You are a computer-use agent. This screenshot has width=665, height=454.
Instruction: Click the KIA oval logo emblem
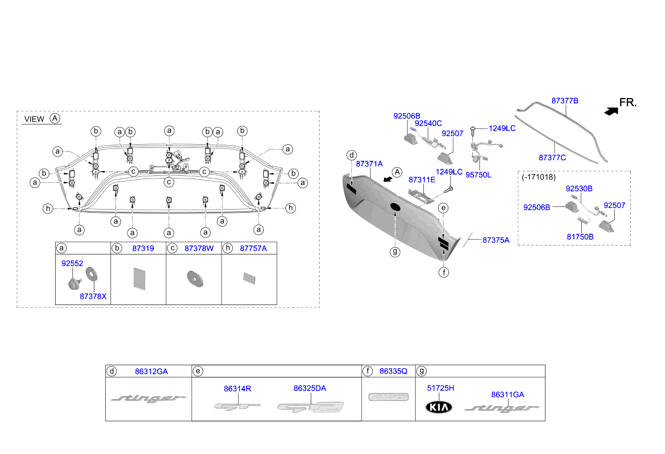[439, 407]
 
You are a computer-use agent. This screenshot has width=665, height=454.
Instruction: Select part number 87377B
[565, 101]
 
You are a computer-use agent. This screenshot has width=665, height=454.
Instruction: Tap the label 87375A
[496, 240]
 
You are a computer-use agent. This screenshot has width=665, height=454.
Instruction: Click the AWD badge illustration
[388, 397]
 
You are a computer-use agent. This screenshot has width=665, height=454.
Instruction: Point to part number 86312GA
[151, 371]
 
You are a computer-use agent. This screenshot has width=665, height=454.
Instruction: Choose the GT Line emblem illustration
[311, 407]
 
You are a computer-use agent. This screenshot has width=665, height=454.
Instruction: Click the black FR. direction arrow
[611, 111]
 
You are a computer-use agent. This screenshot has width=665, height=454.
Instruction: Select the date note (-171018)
[538, 177]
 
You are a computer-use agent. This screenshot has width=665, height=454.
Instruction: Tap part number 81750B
[580, 237]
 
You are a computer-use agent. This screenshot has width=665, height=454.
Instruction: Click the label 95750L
[478, 175]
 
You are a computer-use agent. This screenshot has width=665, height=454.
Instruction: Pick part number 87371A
[370, 164]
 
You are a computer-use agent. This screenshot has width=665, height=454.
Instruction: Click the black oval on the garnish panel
[395, 207]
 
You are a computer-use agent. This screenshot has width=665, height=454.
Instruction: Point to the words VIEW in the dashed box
[34, 119]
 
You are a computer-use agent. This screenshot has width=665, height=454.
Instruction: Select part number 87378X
[93, 296]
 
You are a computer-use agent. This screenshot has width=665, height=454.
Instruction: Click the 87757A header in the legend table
[253, 248]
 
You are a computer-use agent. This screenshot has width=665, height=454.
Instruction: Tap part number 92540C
[428, 123]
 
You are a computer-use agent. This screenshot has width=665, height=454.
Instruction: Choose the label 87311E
[422, 180]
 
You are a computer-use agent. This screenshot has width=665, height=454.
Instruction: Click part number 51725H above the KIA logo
[441, 388]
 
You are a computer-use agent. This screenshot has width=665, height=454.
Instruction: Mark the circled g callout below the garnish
[395, 252]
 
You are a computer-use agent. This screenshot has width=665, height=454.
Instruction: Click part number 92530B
[579, 189]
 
